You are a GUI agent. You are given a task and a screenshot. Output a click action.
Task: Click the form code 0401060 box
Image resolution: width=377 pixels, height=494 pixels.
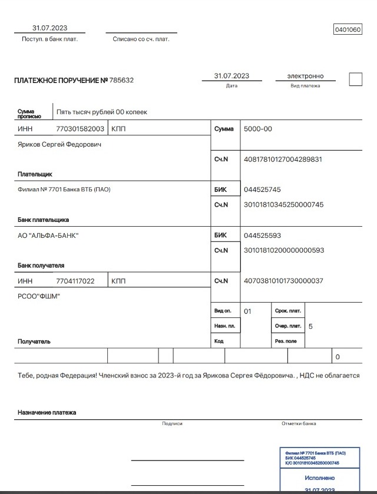[348, 29]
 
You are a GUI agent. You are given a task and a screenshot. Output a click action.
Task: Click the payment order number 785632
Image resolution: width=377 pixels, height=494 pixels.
[121, 80]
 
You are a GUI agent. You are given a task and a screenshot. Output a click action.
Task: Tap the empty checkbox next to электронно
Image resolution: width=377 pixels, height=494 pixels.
[355, 79]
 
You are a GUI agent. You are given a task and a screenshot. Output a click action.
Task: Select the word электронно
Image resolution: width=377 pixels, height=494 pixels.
[305, 76]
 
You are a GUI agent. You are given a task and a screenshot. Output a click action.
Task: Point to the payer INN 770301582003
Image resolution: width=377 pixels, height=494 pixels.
[80, 128]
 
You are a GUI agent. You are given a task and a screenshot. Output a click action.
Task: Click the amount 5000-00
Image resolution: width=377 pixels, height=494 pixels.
[258, 128]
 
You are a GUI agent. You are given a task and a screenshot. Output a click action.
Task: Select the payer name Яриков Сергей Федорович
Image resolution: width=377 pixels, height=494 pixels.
[59, 144]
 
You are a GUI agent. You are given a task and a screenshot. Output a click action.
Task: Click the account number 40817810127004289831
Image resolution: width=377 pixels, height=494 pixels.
[283, 159]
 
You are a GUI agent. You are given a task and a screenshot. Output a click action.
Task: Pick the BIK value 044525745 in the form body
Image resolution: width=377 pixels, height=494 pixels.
[262, 190]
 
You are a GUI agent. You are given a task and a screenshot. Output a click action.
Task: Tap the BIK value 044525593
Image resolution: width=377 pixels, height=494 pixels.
[262, 236]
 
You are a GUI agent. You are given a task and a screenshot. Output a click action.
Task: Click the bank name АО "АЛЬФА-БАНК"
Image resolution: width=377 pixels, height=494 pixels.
[48, 236]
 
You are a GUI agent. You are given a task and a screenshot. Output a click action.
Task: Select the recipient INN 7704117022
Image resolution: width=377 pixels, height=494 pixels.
[75, 281]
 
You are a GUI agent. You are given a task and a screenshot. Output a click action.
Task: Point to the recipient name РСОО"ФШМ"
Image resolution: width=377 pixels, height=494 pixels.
[39, 296]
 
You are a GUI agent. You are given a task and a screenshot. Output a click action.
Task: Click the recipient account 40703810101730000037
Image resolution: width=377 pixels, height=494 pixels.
[283, 281]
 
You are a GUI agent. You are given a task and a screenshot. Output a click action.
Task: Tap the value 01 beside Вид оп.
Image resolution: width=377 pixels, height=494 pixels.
[247, 311]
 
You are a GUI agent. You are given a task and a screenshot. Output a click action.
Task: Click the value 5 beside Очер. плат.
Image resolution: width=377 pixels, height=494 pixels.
[310, 326]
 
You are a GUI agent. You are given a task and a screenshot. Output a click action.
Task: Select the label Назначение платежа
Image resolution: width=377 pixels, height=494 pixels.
[47, 413]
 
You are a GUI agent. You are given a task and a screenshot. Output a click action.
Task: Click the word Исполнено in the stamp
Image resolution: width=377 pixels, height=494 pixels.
[319, 478]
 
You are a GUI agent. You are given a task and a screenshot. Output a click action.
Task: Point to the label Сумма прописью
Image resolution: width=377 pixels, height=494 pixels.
[29, 114]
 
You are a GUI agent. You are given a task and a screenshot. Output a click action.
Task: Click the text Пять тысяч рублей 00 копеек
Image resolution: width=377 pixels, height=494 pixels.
[101, 112]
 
